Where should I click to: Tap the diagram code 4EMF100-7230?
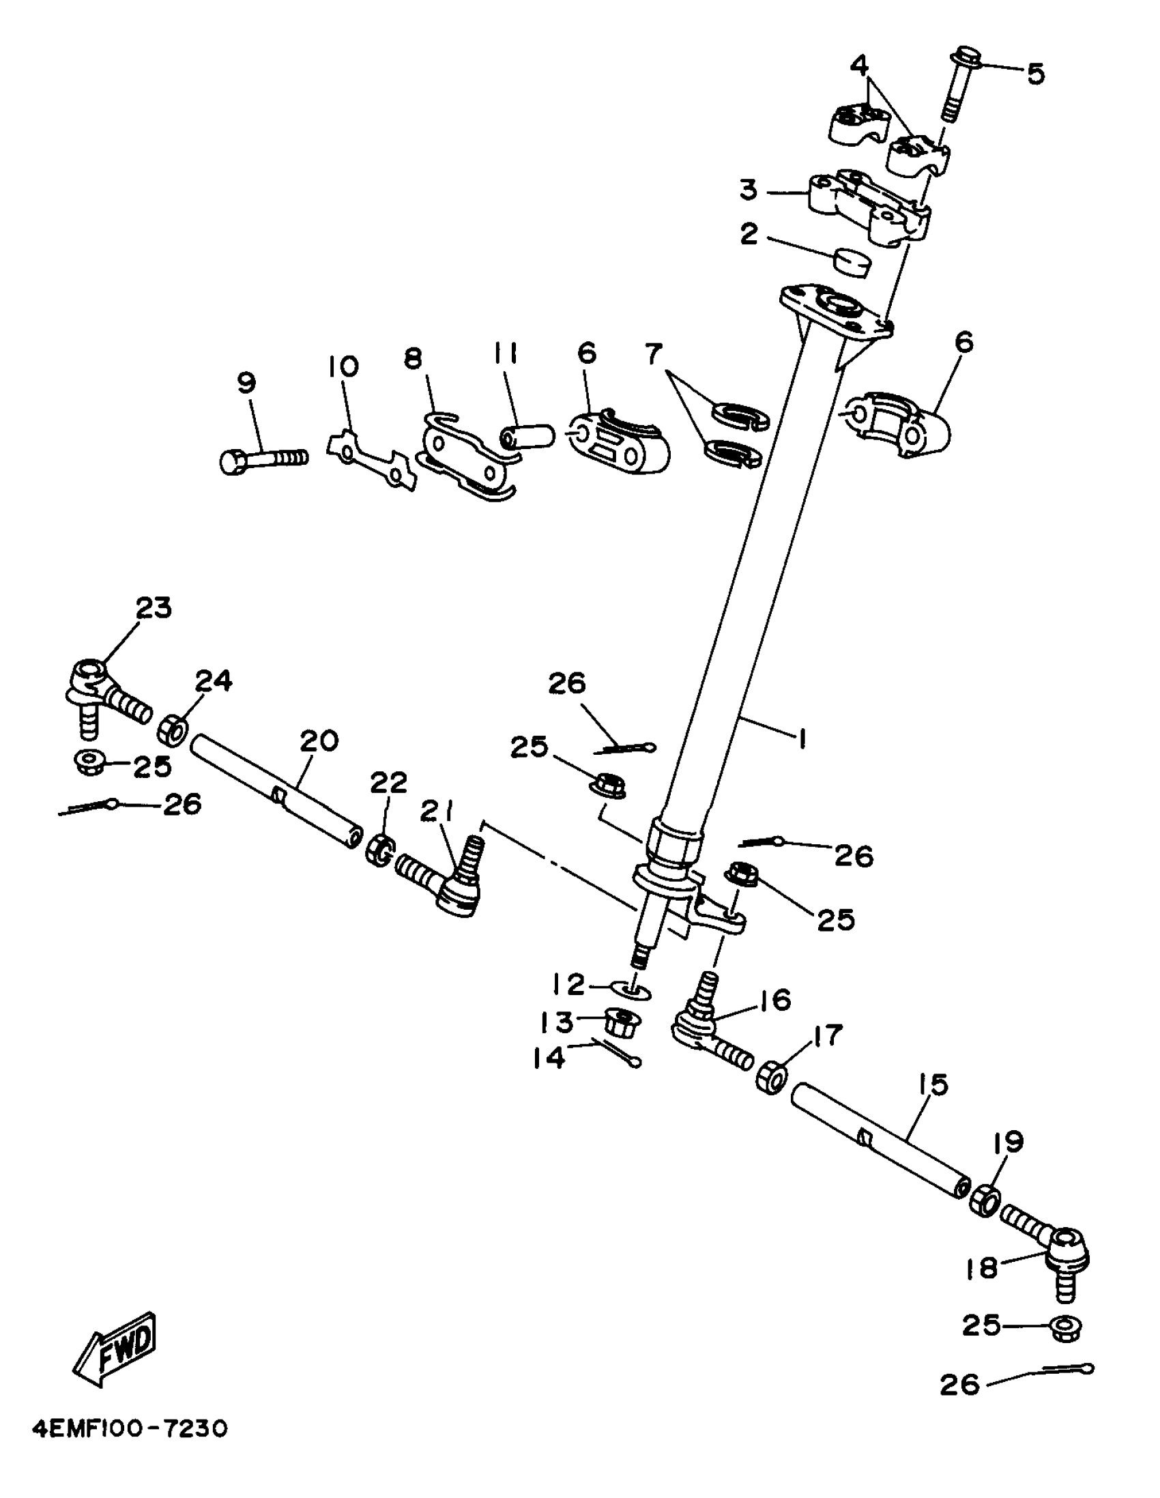pos(130,1429)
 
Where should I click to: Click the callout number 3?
pos(749,189)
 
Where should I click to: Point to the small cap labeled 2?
pos(852,263)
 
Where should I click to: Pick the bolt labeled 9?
pos(263,458)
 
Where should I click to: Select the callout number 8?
pos(412,360)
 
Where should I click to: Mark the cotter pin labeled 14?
pos(619,1054)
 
